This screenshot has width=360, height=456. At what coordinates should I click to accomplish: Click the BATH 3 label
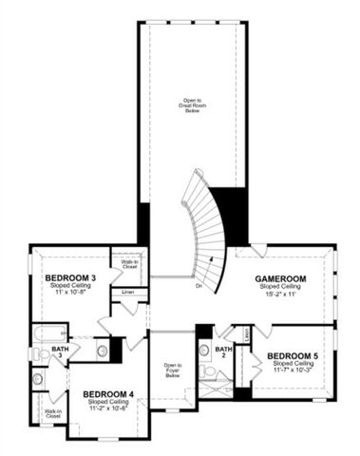point(60,353)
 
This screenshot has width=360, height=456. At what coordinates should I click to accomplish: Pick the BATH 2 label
point(224,352)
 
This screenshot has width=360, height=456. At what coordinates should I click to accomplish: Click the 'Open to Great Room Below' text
point(193,104)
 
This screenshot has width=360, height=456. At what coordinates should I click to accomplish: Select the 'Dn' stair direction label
point(199,285)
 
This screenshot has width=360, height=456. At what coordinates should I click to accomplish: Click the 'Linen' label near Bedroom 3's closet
point(126,292)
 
